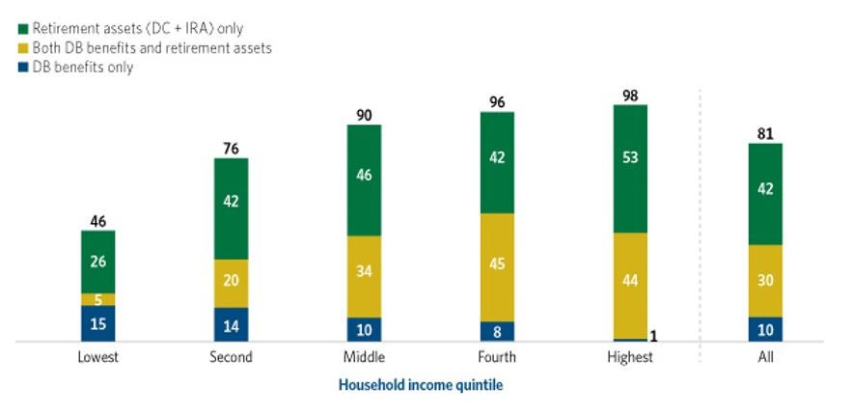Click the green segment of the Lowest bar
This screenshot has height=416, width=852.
tap(98, 262)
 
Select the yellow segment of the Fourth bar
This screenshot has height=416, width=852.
tap(497, 267)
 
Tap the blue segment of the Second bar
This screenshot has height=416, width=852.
tap(232, 324)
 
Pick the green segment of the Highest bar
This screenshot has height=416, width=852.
tap(630, 169)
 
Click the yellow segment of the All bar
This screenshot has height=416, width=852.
tap(765, 281)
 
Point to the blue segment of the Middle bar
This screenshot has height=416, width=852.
tap(365, 329)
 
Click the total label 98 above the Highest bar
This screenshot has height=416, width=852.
tap(630, 95)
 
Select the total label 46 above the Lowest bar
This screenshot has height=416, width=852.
tap(98, 221)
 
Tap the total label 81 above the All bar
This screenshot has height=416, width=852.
tap(765, 134)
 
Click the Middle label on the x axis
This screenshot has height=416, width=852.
tap(365, 357)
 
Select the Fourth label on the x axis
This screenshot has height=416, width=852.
tap(497, 357)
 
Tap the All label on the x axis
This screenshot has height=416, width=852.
tap(765, 357)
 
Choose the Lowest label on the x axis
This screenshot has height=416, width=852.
tap(98, 357)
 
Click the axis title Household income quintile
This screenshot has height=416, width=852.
tap(421, 385)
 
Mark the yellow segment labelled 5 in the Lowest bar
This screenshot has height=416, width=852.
tap(98, 299)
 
